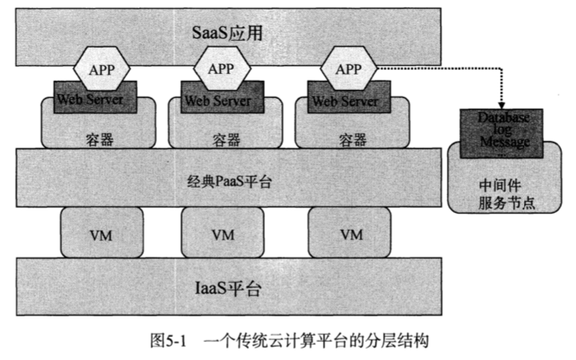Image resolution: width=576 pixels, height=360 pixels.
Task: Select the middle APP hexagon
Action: coord(221,69)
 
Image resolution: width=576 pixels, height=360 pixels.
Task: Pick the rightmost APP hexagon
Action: coord(348,69)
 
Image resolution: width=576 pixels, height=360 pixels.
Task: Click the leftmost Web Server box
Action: coord(90,98)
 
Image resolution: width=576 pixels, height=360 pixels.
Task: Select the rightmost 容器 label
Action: coord(352,139)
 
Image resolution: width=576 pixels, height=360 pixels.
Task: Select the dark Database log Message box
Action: coord(503,130)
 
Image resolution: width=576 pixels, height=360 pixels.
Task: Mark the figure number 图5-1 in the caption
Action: coord(169,341)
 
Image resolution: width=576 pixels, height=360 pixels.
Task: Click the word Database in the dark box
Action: coord(503,118)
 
